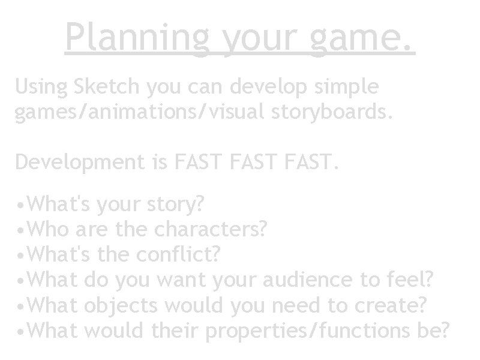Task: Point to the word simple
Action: pos(347,88)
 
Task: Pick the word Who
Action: pos(50,230)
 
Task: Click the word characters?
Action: pos(211,230)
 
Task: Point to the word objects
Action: pos(121,305)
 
